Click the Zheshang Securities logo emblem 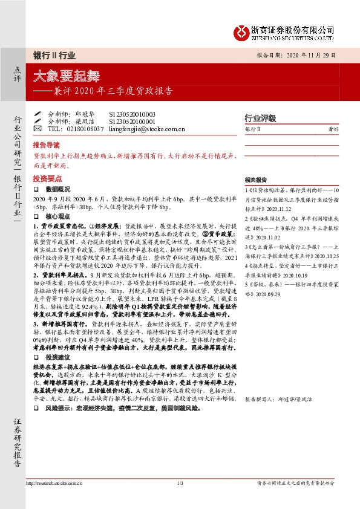pos(242,31)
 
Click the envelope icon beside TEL pos(38,129)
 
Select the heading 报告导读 pos(46,146)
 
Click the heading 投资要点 pos(46,179)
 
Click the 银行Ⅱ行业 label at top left pos(54,55)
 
